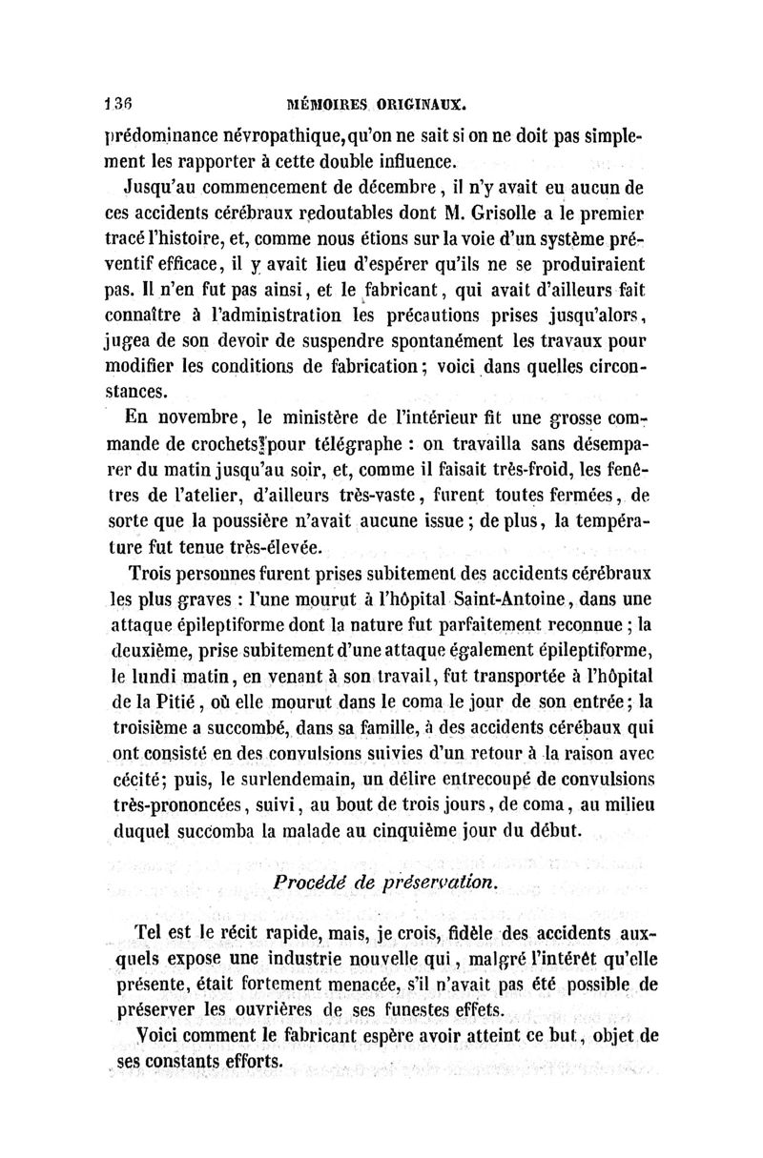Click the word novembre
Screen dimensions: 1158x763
click(x=201, y=416)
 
